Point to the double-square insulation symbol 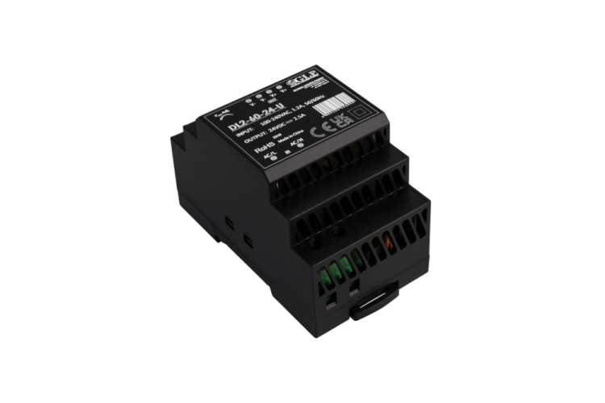tap(357, 110)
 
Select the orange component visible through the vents tap(391, 241)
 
